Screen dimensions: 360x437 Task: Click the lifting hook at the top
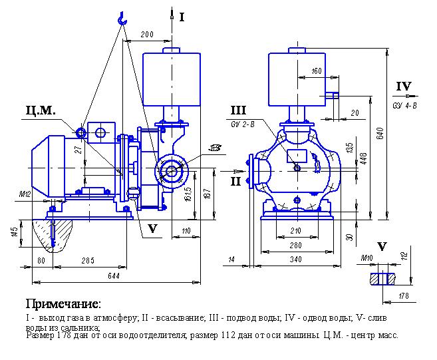tap(121, 20)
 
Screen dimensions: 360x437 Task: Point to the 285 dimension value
tap(87, 260)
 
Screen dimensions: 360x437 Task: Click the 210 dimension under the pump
tap(296, 232)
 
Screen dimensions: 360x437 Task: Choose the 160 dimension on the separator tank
tap(316, 71)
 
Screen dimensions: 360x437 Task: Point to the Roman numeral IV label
tap(404, 87)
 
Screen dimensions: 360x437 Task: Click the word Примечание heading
tap(63, 304)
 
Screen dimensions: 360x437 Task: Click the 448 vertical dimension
tap(364, 157)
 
